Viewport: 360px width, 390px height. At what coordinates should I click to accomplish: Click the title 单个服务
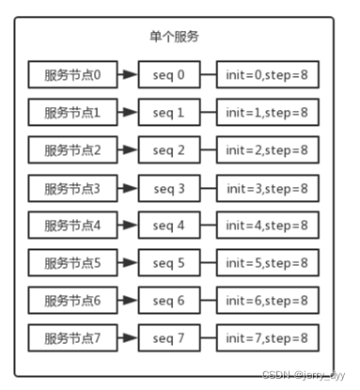pos(173,38)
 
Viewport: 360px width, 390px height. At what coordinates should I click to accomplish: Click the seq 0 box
pos(169,73)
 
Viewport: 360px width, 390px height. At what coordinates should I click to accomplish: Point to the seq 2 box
pos(169,150)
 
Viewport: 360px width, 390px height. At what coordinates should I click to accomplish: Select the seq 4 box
pos(169,226)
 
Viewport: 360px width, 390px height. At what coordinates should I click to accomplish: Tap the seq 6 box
pos(169,300)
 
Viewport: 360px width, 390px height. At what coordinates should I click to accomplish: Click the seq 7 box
pos(169,336)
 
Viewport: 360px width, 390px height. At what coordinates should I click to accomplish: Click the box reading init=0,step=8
pos(266,73)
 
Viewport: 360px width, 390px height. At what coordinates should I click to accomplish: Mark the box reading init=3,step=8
pos(266,188)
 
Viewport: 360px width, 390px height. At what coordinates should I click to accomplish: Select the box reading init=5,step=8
pos(266,262)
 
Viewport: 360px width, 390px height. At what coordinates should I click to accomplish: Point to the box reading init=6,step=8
pos(266,300)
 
